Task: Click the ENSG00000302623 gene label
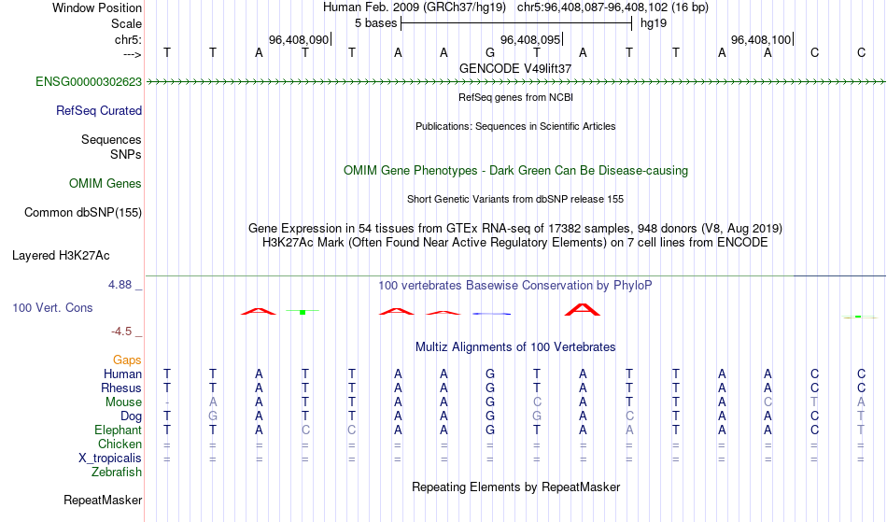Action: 89,82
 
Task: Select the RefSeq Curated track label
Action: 99,111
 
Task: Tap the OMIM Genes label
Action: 106,184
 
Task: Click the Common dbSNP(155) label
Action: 83,213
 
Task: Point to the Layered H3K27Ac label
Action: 61,256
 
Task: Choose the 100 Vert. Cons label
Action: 52,307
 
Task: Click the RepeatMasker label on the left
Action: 103,500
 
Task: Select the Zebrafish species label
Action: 117,473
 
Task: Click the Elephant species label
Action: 119,430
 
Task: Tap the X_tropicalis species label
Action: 110,459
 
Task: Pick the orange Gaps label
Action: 127,360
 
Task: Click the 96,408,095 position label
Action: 530,39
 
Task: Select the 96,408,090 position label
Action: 299,39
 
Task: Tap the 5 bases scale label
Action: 375,23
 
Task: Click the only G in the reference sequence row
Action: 490,52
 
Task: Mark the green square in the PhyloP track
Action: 303,312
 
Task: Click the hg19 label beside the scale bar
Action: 654,23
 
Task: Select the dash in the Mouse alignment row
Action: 167,402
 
